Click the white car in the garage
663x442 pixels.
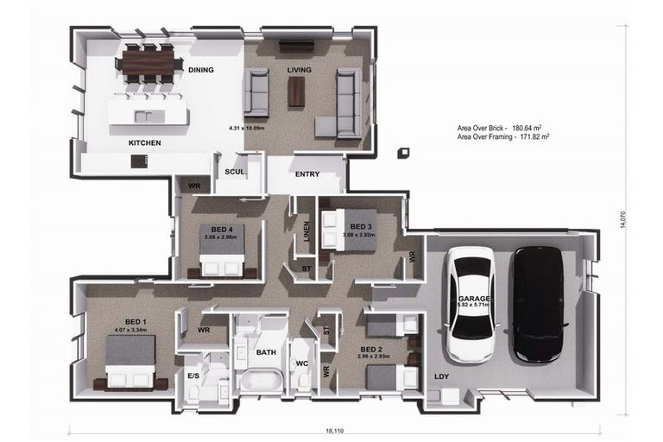pyautogui.click(x=471, y=304)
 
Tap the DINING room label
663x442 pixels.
pyautogui.click(x=200, y=70)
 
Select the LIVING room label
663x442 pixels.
pyautogui.click(x=300, y=70)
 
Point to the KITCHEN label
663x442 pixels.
pyautogui.click(x=144, y=142)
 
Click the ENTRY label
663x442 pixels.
pyautogui.click(x=307, y=174)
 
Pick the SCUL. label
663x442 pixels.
pyautogui.click(x=235, y=172)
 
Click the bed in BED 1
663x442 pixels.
pyautogui.click(x=130, y=363)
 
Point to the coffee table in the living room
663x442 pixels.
pyautogui.click(x=296, y=92)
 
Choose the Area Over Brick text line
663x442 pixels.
pyautogui.click(x=503, y=128)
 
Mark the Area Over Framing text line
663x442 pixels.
pyautogui.click(x=503, y=136)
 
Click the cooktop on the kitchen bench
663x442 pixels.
pyautogui.click(x=139, y=161)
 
